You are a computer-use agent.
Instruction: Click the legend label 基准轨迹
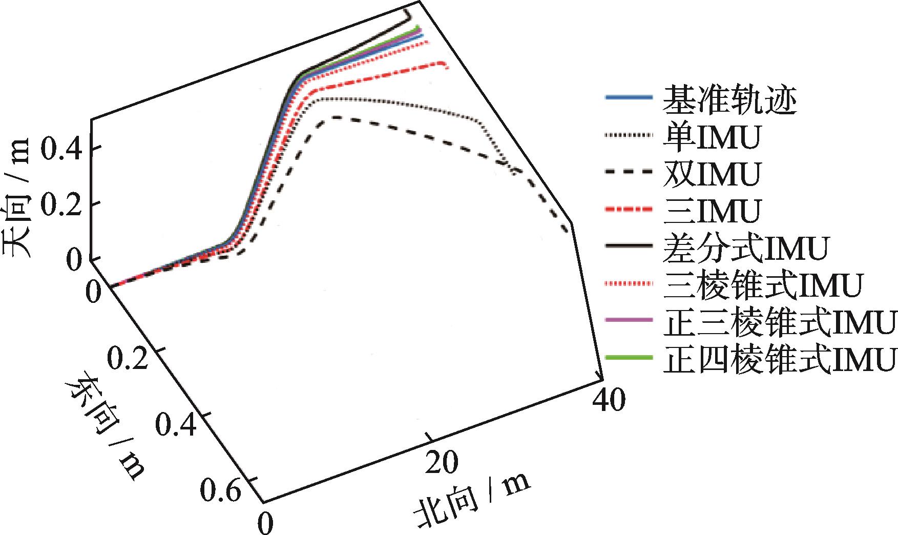click(x=730, y=100)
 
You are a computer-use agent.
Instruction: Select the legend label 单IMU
click(x=712, y=136)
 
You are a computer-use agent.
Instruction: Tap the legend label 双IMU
click(x=712, y=174)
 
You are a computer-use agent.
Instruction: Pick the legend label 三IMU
click(x=712, y=211)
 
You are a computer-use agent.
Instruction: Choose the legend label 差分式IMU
click(x=745, y=248)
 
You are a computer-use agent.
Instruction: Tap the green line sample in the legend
click(x=629, y=357)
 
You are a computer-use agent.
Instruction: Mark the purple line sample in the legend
click(x=629, y=320)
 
